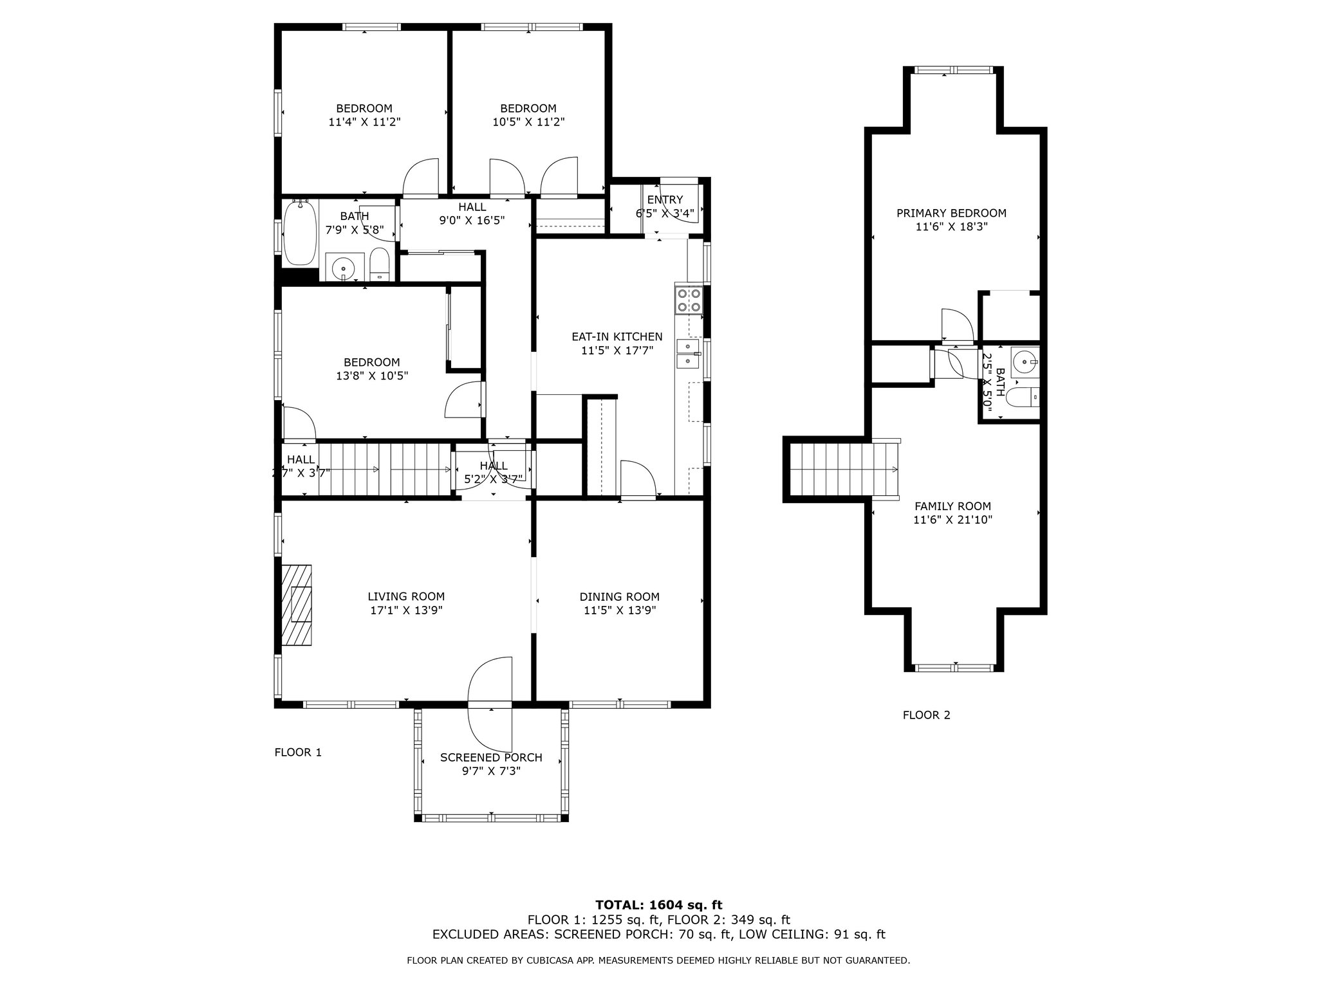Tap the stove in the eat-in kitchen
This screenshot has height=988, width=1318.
pyautogui.click(x=689, y=300)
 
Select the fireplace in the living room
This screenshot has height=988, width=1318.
pyautogui.click(x=296, y=605)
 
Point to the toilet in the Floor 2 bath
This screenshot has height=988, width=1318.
pyautogui.click(x=1023, y=398)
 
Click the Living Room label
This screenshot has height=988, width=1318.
pyautogui.click(x=406, y=597)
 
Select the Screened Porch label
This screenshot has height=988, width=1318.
pyautogui.click(x=491, y=758)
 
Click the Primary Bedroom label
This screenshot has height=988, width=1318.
pyautogui.click(x=951, y=213)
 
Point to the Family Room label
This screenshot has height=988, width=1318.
pyautogui.click(x=952, y=506)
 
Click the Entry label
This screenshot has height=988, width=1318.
pyautogui.click(x=665, y=200)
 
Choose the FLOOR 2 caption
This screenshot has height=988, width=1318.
pyautogui.click(x=926, y=715)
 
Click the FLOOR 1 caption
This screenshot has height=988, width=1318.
pyautogui.click(x=298, y=752)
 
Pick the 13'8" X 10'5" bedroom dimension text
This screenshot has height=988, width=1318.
pyautogui.click(x=372, y=376)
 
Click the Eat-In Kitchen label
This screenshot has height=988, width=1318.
pyautogui.click(x=617, y=336)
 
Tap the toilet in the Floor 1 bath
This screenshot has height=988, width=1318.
pyautogui.click(x=380, y=266)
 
